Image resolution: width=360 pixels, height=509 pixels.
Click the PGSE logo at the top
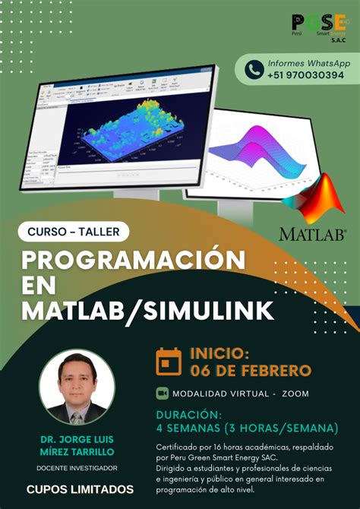point(319,27)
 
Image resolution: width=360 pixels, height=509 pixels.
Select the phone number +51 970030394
point(305,75)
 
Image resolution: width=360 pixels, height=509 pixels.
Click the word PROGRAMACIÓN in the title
point(134,261)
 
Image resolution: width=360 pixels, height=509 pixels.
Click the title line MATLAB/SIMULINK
point(148,310)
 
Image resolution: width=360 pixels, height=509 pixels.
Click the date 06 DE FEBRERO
point(251,371)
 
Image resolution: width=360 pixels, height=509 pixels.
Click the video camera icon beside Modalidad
point(162,393)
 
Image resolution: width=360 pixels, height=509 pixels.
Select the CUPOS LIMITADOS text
point(80,489)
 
